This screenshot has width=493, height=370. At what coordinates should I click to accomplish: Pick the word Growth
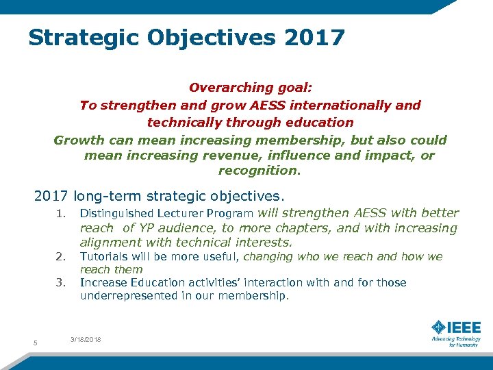click(x=77, y=140)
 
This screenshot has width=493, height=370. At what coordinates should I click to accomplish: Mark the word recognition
click(x=259, y=171)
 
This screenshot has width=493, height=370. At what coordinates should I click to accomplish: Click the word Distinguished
click(x=116, y=214)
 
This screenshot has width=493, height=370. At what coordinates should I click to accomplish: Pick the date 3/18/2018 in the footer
click(x=86, y=339)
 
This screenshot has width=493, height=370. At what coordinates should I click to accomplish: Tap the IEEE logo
click(x=456, y=327)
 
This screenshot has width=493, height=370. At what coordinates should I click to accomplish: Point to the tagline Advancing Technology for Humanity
click(x=456, y=342)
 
